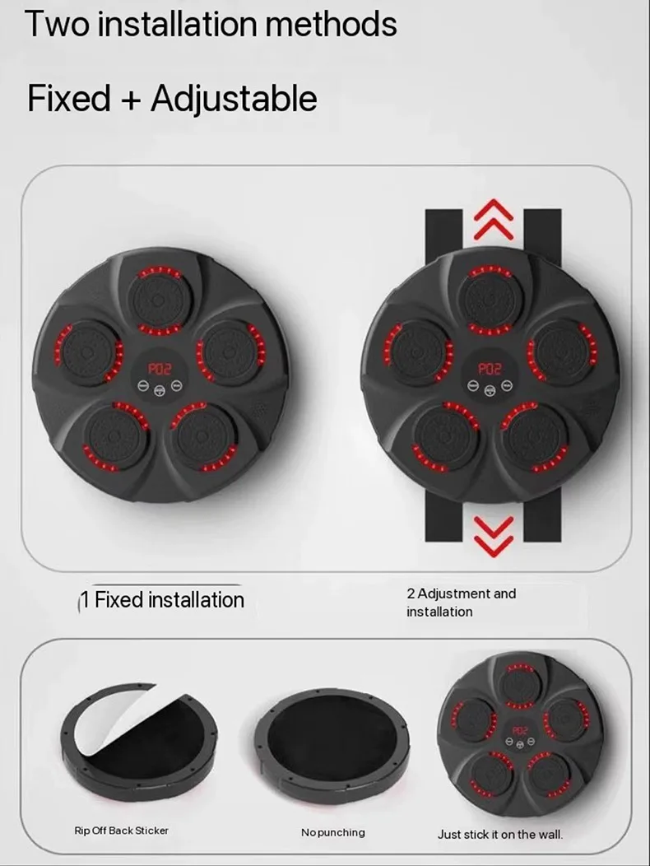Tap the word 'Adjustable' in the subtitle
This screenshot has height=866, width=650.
tap(234, 99)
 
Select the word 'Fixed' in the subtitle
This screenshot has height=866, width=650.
tap(68, 99)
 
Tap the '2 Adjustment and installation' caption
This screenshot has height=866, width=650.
tap(461, 603)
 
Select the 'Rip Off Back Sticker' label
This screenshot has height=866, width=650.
tap(121, 831)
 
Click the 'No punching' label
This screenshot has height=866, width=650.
tap(332, 832)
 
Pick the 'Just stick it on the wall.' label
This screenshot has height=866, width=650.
tap(500, 834)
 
